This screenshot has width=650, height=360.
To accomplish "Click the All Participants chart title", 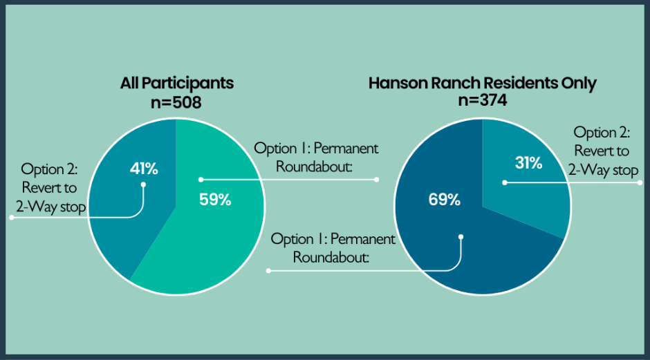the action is pyautogui.click(x=177, y=84).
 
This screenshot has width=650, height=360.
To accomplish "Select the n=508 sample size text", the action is pyautogui.click(x=176, y=102).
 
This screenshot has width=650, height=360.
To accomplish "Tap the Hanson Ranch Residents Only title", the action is pyautogui.click(x=483, y=84).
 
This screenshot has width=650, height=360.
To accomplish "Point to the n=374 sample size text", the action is pyautogui.click(x=483, y=100).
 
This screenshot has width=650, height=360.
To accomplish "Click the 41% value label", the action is pyautogui.click(x=144, y=169).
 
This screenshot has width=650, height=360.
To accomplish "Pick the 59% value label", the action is pyautogui.click(x=215, y=200).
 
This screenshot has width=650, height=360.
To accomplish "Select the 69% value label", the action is pyautogui.click(x=445, y=200).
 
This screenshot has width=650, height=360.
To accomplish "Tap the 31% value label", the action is pyautogui.click(x=528, y=163).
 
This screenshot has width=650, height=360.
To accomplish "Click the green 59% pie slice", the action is pyautogui.click(x=216, y=232).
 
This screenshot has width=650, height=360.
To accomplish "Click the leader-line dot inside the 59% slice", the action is pyautogui.click(x=201, y=180).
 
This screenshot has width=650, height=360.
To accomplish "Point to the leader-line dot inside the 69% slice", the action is pyautogui.click(x=461, y=237).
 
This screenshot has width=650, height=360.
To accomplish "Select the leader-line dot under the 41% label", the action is pyautogui.click(x=143, y=184).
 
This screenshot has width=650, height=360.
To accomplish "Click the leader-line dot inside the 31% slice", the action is pyautogui.click(x=505, y=182).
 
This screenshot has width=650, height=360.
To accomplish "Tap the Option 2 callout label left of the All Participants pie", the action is pyautogui.click(x=50, y=188).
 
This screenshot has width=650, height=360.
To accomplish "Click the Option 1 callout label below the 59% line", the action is pyautogui.click(x=333, y=248).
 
